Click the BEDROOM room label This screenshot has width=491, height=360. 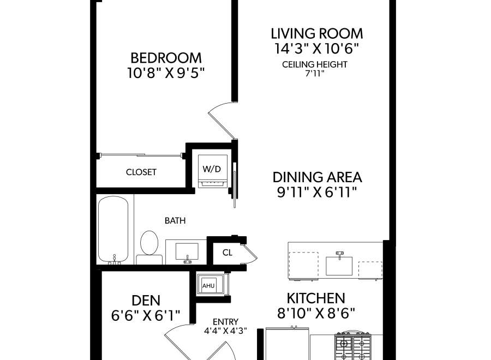[x=166, y=58]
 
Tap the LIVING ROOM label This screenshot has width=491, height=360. [x=316, y=33]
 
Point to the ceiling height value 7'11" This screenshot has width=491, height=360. [x=314, y=74]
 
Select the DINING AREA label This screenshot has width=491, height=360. [x=317, y=177]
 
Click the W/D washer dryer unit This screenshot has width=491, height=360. [x=213, y=171]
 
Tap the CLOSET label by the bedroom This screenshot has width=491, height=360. [x=141, y=172]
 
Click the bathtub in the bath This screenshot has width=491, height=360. [x=113, y=230]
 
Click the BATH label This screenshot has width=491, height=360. [x=175, y=221]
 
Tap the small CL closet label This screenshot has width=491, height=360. [x=227, y=253]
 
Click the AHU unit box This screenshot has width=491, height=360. [x=208, y=285]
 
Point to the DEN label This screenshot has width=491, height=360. [x=146, y=301]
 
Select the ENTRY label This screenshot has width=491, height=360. [x=225, y=322]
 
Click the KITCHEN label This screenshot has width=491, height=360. [x=316, y=298]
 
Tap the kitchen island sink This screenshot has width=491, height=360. [x=339, y=263]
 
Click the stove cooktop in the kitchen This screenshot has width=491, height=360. [x=353, y=346]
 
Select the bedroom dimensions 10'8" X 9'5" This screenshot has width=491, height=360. [x=166, y=73]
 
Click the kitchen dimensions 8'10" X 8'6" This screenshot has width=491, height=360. [x=316, y=313]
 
